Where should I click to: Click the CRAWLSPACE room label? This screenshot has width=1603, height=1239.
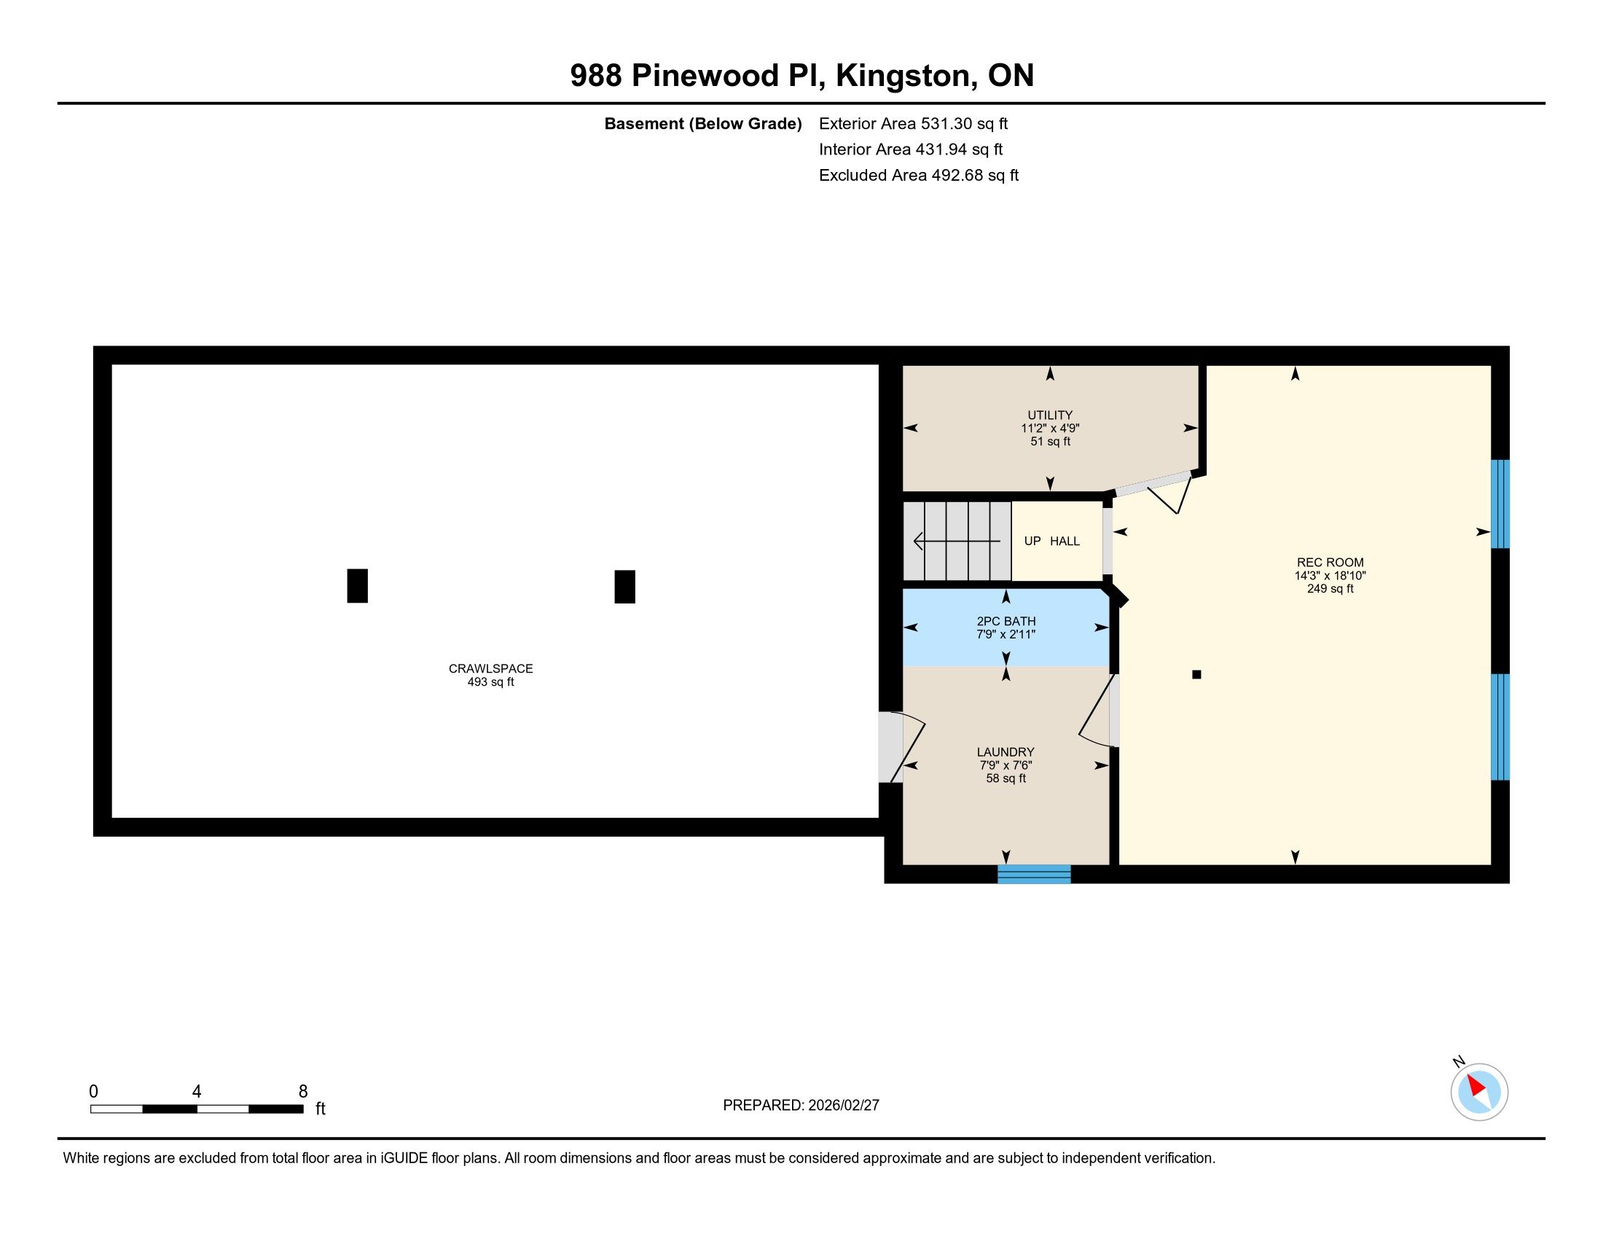[491, 668]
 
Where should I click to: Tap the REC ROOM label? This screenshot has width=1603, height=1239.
[1330, 563]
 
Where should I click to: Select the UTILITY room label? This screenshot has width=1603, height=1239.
[1050, 415]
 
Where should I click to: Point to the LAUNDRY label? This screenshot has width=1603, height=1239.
[1006, 752]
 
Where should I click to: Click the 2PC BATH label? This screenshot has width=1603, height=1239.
[1006, 622]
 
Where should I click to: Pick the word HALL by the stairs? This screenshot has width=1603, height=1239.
[1065, 542]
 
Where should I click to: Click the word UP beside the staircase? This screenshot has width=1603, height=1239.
[1032, 542]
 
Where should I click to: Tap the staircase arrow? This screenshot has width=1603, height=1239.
[957, 542]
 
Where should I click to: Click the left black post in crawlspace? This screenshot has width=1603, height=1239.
[358, 586]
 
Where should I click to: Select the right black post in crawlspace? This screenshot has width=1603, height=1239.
[624, 587]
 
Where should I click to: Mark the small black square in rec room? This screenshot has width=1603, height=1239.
[1196, 675]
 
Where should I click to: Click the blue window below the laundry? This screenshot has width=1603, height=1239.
[1034, 874]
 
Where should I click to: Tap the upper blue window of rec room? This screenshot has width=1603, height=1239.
[1500, 504]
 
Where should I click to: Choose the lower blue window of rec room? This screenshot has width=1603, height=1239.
[1500, 727]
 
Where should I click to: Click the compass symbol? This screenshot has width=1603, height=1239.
[1479, 1092]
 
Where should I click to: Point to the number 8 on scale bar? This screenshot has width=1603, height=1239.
[303, 1092]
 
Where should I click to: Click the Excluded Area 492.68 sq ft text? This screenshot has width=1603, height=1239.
[919, 176]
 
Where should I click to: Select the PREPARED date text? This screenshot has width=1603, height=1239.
[801, 1106]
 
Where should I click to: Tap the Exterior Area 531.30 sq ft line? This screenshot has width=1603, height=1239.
[914, 124]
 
